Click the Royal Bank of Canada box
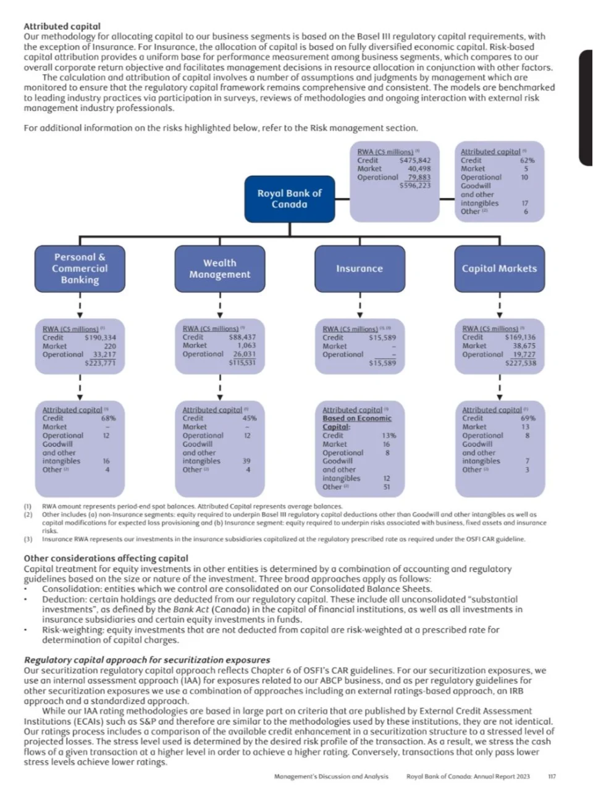[289, 199]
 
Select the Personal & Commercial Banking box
[80, 268]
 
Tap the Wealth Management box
[220, 268]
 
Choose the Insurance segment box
[360, 268]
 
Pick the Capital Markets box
[499, 268]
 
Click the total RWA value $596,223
[415, 185]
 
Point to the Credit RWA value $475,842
[415, 160]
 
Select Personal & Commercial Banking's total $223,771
[100, 363]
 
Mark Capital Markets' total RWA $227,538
[520, 363]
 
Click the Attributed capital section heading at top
[62, 27]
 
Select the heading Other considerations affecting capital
[106, 558]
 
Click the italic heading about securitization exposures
[147, 660]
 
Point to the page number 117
[552, 776]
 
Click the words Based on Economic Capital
[356, 422]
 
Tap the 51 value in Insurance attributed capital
[386, 487]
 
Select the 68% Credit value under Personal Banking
[108, 418]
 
